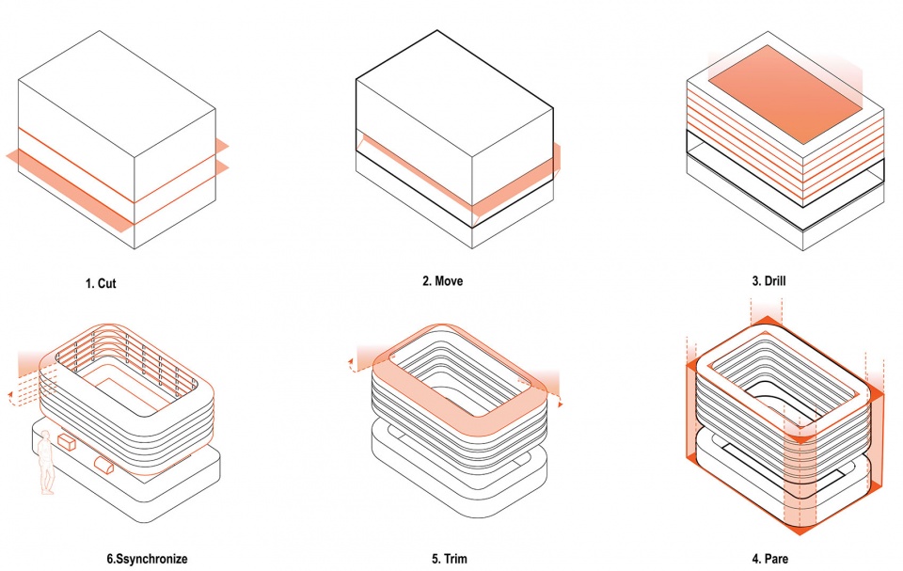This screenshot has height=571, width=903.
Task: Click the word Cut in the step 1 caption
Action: tap(106, 283)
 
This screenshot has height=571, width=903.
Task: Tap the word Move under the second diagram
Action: tap(449, 281)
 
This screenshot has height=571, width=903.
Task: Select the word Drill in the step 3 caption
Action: tap(775, 281)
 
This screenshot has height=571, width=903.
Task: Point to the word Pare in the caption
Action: tap(778, 559)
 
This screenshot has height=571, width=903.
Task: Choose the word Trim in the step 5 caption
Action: tap(457, 559)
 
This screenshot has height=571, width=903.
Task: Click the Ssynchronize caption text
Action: tap(150, 559)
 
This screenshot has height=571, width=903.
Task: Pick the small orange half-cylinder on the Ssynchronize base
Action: tap(104, 465)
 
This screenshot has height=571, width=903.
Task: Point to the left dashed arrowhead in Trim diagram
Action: tap(350, 362)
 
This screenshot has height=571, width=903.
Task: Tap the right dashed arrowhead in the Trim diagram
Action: tap(560, 404)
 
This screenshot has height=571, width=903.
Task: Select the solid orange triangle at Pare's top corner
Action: tap(767, 321)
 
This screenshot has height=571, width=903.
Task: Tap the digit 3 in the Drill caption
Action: tap(755, 281)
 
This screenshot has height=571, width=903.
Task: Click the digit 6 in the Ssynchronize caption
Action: tap(110, 559)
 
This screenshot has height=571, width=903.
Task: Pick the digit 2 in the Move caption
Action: tap(425, 281)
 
